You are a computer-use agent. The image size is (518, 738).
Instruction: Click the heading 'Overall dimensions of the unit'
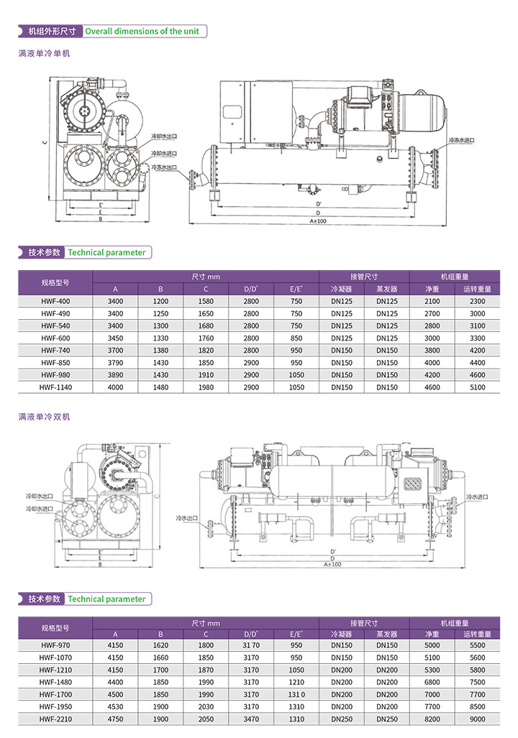142,32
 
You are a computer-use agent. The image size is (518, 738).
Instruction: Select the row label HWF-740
55,350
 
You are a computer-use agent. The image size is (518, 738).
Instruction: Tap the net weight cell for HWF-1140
432,387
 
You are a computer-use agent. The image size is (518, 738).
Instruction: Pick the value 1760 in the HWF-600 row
206,338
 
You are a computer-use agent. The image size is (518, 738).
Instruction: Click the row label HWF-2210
55,719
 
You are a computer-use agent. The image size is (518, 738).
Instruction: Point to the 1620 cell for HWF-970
160,645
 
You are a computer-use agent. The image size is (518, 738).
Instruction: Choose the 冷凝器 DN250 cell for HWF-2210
342,719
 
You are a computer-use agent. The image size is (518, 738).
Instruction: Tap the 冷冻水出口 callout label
163,167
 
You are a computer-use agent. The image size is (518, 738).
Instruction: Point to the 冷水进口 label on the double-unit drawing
480,497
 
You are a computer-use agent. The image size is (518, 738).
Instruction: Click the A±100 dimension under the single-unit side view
318,221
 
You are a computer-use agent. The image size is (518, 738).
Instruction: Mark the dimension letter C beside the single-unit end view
44,142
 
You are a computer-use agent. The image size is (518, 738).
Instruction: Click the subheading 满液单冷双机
45,417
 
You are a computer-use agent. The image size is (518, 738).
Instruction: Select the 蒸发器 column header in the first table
386,289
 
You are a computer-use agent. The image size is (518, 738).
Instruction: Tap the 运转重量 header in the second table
477,635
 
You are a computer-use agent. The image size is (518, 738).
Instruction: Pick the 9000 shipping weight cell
477,719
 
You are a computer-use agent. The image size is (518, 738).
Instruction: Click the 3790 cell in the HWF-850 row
115,363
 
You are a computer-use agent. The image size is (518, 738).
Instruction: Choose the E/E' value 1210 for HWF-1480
296,682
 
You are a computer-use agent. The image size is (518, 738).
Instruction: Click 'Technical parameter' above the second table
106,599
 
